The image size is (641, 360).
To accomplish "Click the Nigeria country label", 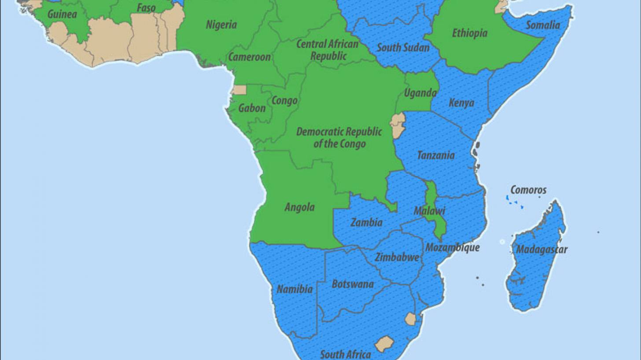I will (221, 25).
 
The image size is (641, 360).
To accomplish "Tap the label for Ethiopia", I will (470, 33).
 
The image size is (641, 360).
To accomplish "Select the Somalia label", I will (543, 25).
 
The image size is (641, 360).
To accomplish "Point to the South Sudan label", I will (403, 48).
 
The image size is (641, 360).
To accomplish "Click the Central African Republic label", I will (328, 50).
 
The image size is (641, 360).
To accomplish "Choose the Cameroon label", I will (249, 57).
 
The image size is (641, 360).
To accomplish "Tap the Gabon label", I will (252, 108).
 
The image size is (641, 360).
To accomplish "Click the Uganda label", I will (420, 93).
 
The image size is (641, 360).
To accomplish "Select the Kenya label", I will (461, 103).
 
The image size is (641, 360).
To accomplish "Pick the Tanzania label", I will (435, 155).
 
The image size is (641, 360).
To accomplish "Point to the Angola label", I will (299, 207).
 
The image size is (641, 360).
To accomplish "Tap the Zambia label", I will (366, 223).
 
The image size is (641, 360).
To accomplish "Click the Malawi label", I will (429, 211).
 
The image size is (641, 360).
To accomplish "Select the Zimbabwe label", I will (397, 257).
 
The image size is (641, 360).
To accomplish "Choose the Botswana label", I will (353, 284).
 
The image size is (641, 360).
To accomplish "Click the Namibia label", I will (295, 290).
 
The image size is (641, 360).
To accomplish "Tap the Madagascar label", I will (542, 250).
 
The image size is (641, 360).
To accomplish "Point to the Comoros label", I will (528, 190).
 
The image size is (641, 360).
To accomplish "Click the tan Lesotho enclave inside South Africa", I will (384, 344).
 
